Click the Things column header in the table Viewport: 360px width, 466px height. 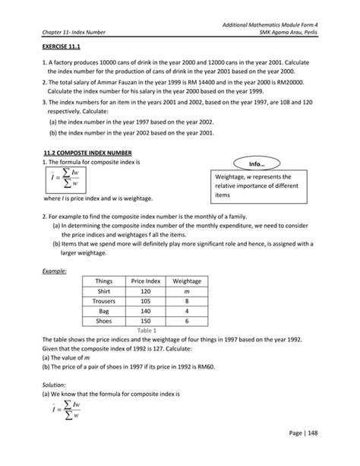[104, 281]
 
